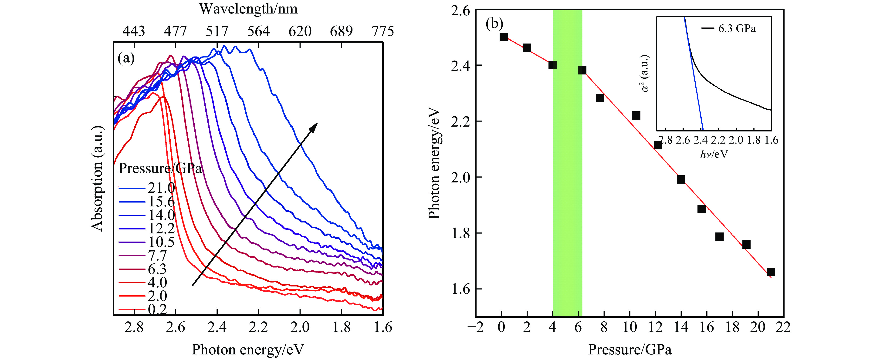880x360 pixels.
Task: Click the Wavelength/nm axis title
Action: (x=248, y=9)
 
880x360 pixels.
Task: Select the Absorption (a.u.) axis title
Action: (x=97, y=178)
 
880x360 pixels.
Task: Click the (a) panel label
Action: (x=126, y=58)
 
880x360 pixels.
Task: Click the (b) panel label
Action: (x=494, y=23)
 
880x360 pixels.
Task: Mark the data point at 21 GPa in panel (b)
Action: (x=771, y=272)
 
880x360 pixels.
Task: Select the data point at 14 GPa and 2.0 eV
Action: (x=681, y=179)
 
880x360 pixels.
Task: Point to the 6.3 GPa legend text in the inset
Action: (x=737, y=29)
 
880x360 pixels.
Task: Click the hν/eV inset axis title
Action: (x=714, y=154)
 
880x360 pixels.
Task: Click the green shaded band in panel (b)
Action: (x=567, y=205)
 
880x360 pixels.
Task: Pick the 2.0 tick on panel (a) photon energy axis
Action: (x=300, y=327)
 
